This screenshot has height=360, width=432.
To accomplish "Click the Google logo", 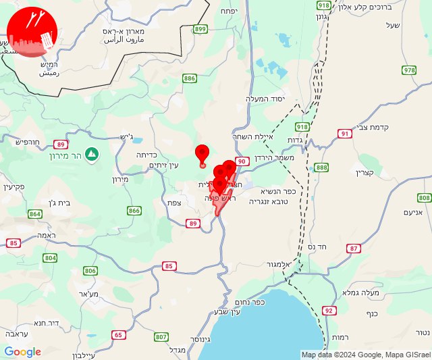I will tap(22, 352).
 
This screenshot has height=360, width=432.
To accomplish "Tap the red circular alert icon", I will tap(32, 34).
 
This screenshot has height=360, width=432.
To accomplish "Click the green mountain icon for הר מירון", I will tap(91, 153).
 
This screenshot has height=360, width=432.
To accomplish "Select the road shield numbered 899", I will tap(200, 29).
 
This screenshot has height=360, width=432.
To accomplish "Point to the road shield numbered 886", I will tap(189, 78).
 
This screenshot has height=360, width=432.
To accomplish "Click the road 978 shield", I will tap(409, 70).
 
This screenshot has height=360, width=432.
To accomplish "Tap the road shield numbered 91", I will tap(345, 133).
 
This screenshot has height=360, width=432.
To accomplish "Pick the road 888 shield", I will tap(321, 168).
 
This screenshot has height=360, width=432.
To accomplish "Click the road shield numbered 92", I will tap(329, 311).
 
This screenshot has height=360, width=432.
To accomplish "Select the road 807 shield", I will tap(161, 336).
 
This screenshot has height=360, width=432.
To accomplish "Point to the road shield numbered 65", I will tap(119, 335).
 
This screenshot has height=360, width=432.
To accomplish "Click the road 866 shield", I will tap(134, 211).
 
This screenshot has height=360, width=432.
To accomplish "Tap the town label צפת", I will tap(174, 203).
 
